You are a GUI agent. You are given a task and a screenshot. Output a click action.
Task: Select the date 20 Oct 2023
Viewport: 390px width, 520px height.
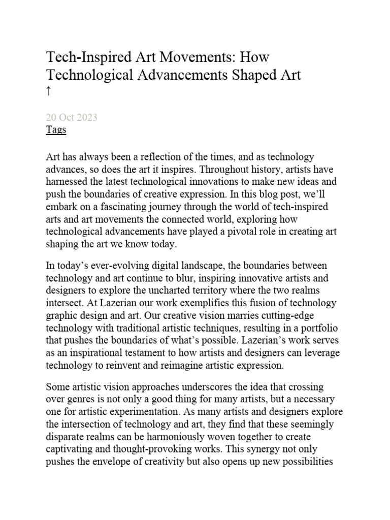click(72, 117)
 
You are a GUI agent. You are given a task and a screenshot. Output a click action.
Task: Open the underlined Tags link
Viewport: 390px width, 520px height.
click(56, 129)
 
